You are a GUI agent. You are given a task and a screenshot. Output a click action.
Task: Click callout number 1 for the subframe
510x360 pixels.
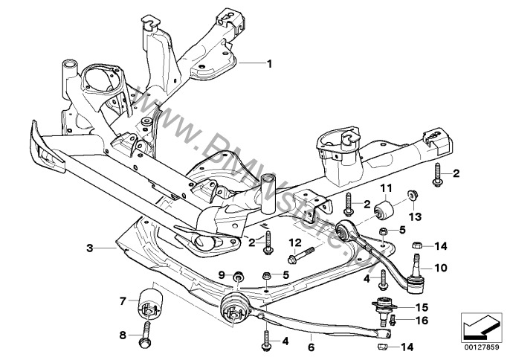[x=269, y=63]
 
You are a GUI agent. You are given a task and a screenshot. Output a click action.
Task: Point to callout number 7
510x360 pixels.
[x=123, y=301]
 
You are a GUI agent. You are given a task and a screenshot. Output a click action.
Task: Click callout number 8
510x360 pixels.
[x=123, y=335]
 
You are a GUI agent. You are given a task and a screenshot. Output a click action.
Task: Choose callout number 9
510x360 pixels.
[x=222, y=276]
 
